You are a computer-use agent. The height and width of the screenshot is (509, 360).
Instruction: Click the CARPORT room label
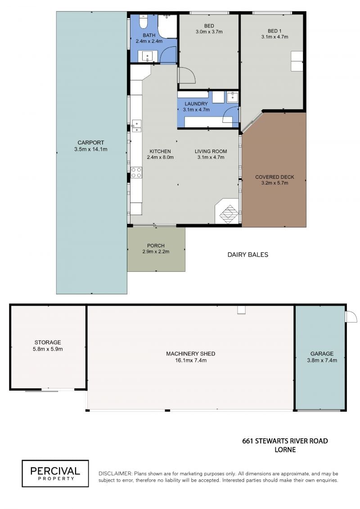tap(90, 143)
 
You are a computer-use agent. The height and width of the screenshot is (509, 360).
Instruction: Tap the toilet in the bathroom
tap(143, 22)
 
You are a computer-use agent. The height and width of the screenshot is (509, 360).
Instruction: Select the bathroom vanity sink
tap(148, 56)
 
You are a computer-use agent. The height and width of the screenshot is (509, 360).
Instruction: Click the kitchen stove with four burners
tap(136, 172)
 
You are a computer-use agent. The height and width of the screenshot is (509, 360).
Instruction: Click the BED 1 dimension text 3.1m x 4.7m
tap(274, 37)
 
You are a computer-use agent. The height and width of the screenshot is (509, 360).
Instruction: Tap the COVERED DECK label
tap(274, 177)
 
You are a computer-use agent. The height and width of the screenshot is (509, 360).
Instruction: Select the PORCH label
tap(156, 246)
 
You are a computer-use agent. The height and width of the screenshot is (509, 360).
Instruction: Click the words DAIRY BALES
tap(247, 255)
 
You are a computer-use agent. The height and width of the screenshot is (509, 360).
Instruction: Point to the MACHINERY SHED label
tap(190, 354)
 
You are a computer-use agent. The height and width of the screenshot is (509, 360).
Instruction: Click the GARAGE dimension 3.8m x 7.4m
tap(322, 360)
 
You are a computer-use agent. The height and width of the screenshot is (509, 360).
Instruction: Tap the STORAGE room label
tap(48, 342)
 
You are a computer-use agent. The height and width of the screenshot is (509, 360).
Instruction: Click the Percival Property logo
tap(55, 473)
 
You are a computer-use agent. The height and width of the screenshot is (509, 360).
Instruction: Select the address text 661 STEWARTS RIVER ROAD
tap(285, 441)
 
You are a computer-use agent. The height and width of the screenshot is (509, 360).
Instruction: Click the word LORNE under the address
tap(285, 450)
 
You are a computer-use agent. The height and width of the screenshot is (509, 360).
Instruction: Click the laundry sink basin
tap(233, 97)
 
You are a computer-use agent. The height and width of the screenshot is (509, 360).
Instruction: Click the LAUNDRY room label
tap(196, 104)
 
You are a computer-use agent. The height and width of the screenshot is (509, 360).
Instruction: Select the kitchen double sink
tap(136, 126)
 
